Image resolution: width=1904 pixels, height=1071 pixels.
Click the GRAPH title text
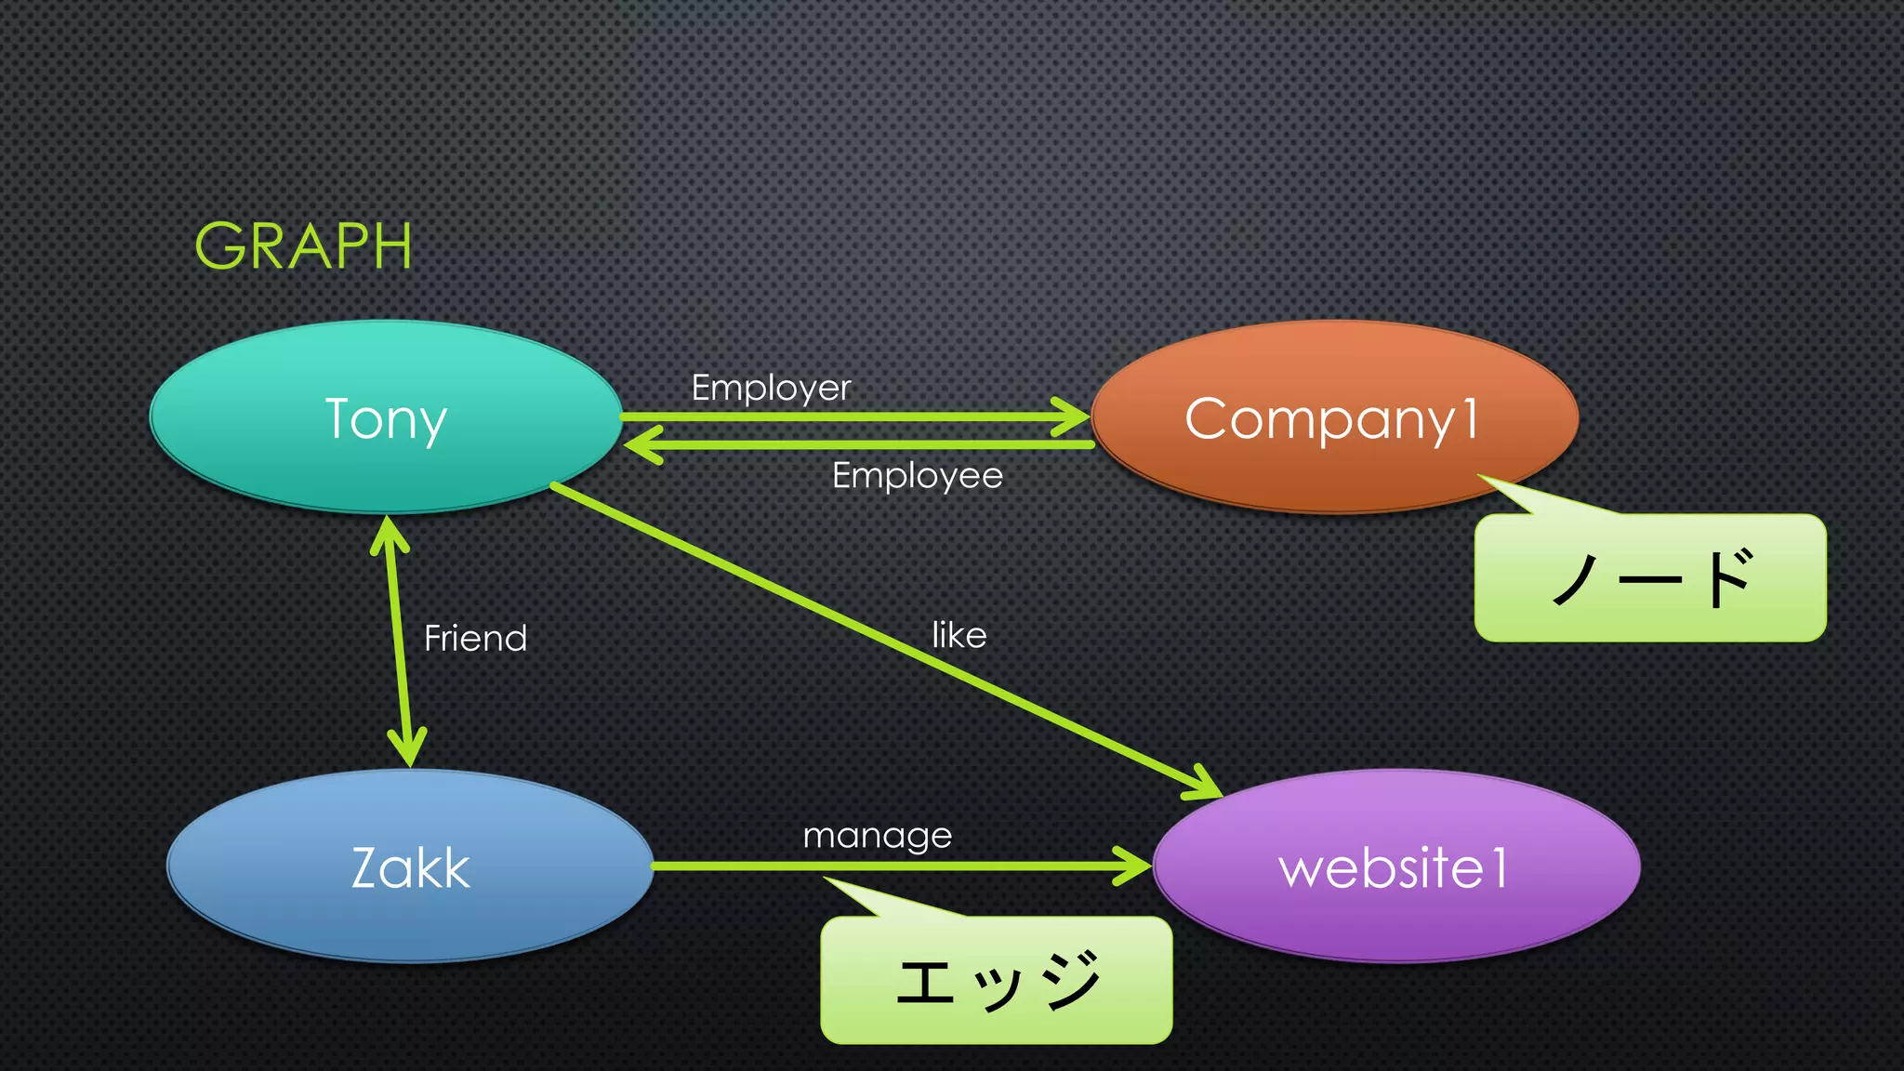303,246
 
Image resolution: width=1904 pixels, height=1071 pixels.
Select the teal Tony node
386,417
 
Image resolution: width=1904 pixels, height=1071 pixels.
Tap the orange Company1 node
1334,417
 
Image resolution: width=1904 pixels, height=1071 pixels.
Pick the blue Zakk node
410,866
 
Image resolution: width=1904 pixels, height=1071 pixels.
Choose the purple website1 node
1395,866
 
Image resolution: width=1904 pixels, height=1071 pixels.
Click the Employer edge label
771,388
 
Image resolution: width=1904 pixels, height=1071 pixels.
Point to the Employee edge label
917,476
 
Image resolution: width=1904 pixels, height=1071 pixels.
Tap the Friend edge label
475,639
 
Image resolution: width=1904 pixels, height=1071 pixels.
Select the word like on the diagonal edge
959,636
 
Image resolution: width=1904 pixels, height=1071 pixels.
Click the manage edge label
877,836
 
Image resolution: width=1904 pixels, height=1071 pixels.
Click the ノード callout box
1650,578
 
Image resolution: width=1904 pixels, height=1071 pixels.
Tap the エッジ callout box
996,981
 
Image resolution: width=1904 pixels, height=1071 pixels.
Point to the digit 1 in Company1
1470,417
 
